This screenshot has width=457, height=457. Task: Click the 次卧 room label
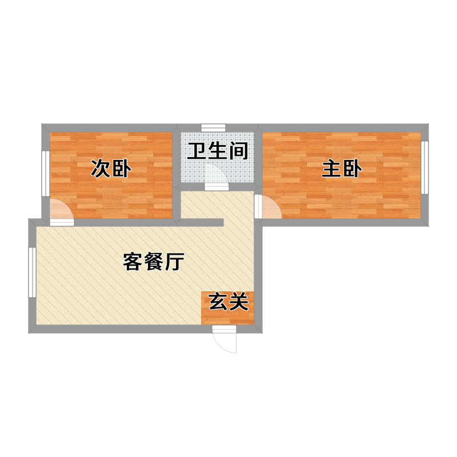(111, 169)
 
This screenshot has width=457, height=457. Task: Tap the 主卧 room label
(342, 169)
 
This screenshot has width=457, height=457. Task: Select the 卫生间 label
(218, 151)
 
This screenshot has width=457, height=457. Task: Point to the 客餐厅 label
(154, 262)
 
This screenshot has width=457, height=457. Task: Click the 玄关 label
(229, 302)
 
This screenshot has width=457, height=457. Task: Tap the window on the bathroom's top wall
(213, 127)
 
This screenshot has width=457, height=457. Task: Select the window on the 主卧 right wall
(425, 167)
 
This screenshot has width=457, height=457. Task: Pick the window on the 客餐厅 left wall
(33, 272)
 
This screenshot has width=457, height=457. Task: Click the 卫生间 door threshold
(217, 187)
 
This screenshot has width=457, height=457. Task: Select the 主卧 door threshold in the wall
(259, 207)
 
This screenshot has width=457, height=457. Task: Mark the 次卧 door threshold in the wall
(62, 222)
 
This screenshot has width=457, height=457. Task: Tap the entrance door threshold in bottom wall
(224, 330)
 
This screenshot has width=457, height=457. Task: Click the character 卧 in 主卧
(352, 169)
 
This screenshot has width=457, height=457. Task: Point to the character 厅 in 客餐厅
(175, 262)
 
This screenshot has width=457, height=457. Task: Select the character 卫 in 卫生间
(197, 151)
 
